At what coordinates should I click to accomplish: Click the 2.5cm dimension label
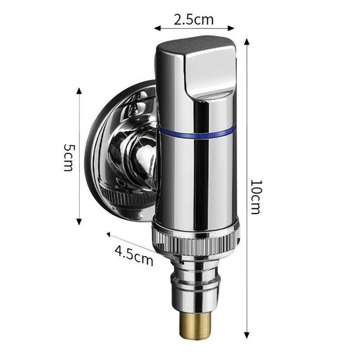tap(193, 20)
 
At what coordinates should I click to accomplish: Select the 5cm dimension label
tap(68, 157)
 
